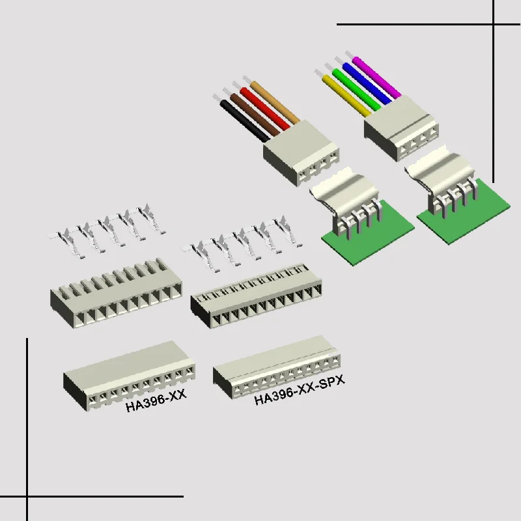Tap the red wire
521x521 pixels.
click(266, 108)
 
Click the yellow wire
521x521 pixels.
click(345, 97)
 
